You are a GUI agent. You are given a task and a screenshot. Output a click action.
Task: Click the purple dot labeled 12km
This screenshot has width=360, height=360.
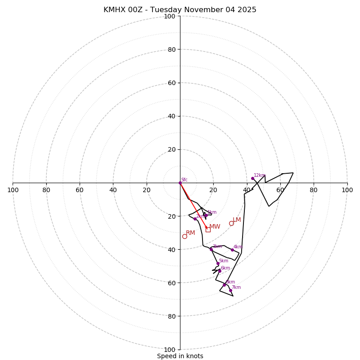(252, 178)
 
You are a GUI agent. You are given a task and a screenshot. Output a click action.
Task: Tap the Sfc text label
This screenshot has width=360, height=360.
(184, 180)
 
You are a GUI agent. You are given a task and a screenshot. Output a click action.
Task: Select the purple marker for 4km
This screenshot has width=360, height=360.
(232, 250)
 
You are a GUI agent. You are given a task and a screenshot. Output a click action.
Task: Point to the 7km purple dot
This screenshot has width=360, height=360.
(230, 290)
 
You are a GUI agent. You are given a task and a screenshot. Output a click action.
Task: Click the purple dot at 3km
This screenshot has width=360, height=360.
(211, 249)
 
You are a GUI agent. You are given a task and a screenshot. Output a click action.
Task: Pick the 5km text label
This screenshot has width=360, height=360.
(224, 261)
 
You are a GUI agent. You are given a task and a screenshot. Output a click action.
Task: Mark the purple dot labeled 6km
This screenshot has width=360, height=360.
(220, 271)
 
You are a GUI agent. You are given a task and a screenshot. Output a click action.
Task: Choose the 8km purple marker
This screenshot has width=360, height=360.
(224, 285)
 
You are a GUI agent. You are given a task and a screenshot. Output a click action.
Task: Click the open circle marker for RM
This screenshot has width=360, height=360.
(184, 236)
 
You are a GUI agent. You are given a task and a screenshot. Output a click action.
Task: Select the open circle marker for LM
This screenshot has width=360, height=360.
(231, 223)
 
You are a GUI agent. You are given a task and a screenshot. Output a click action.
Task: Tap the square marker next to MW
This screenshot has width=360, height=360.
(208, 229)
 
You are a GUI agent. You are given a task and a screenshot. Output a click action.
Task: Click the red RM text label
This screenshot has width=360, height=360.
(190, 233)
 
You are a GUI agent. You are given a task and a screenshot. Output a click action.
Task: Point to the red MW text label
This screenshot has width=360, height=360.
(215, 227)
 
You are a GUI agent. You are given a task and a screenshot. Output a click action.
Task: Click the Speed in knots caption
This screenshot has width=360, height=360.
(180, 356)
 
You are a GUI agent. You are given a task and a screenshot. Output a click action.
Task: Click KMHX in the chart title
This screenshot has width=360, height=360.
(115, 10)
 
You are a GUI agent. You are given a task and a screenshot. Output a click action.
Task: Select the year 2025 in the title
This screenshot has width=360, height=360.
(247, 10)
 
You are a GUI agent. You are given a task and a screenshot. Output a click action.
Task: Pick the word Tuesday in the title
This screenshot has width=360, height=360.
(166, 10)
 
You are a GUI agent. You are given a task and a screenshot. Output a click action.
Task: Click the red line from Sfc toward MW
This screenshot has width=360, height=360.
(193, 206)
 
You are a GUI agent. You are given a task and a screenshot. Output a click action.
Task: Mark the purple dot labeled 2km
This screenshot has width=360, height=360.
(195, 219)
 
